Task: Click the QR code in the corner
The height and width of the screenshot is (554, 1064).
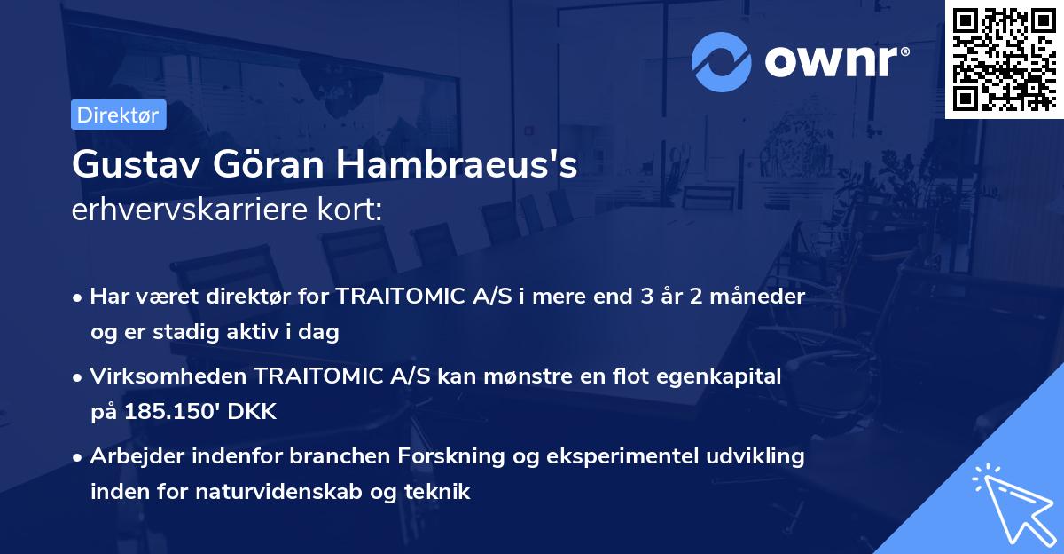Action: (x=1005, y=59)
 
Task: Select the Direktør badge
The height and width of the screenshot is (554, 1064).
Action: (x=118, y=115)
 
